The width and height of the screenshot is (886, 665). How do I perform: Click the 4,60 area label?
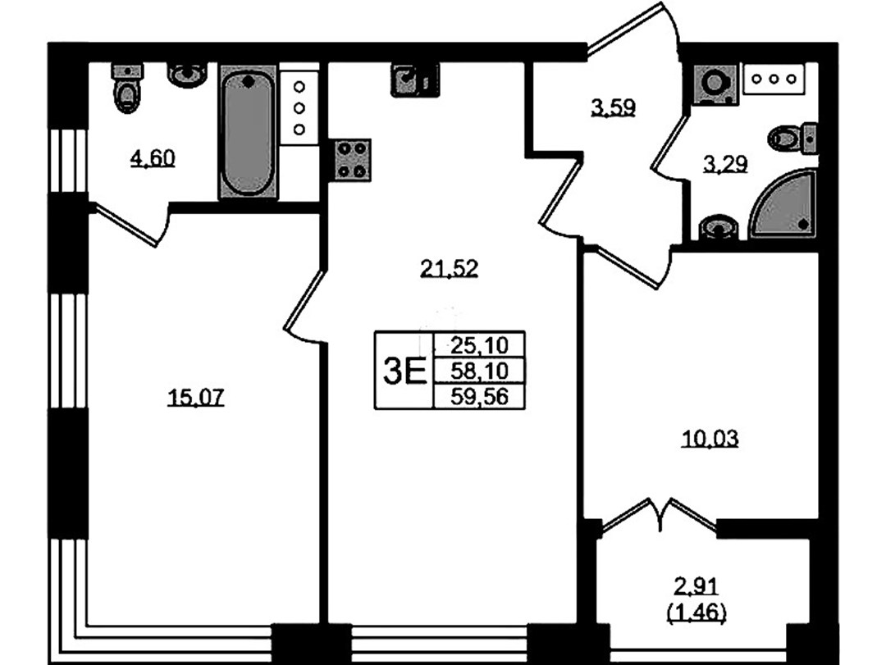point(153,158)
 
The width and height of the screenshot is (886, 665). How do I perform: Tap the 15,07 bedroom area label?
point(195,398)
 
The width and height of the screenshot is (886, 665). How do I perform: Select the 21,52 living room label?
point(450,268)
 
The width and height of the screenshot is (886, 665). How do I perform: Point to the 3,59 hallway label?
point(614,107)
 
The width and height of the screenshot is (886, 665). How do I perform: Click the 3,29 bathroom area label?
point(725,165)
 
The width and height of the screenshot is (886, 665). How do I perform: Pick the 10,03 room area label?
point(710,439)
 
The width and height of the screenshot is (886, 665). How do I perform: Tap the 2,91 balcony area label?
point(696,587)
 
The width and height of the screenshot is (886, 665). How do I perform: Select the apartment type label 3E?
point(404,371)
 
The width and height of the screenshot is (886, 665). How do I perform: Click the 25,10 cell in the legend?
point(479,344)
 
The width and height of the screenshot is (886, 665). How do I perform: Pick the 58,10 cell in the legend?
point(479,371)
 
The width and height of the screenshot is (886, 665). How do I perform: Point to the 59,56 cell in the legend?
point(479,397)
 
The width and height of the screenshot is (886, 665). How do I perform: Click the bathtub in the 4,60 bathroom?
point(248,132)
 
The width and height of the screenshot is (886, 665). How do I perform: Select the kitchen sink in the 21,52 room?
point(414,80)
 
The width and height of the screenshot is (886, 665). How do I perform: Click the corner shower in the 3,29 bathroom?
point(783,204)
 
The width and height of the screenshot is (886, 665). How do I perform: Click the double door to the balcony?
point(660,515)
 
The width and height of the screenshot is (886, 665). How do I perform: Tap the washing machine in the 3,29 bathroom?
point(715,84)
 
